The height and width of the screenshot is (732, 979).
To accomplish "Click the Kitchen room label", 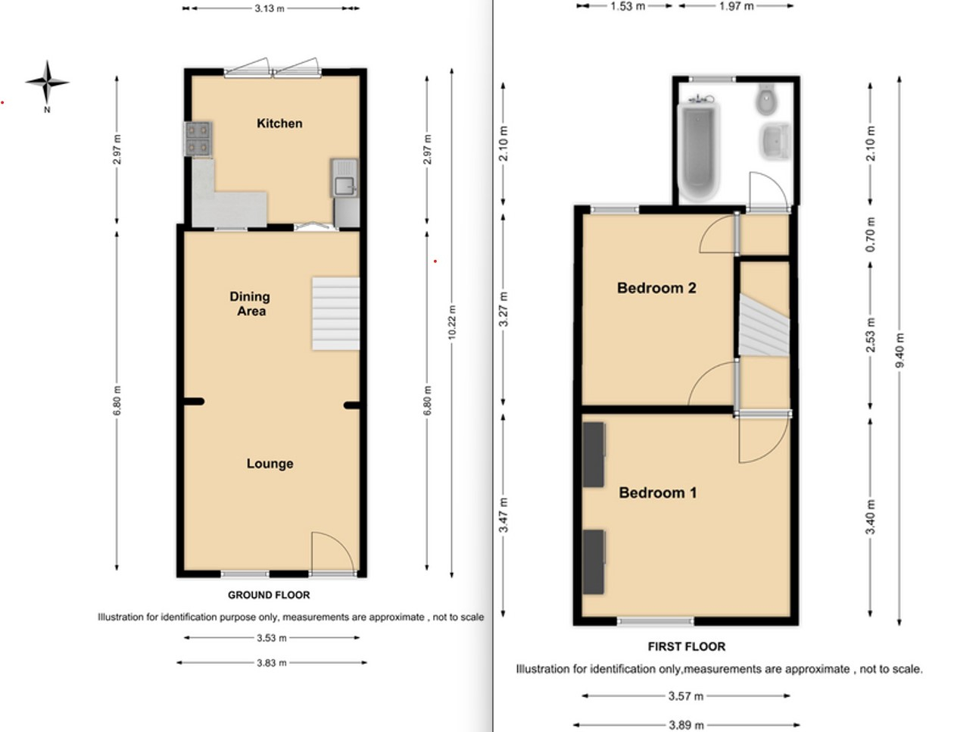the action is [x=279, y=124].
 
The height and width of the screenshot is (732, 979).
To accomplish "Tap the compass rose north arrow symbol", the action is [x=47, y=83].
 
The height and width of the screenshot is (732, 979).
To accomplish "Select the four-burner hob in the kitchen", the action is [x=198, y=139].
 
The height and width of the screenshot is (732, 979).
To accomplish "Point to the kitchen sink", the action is [x=345, y=178].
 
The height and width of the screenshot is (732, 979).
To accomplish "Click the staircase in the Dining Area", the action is [x=336, y=313].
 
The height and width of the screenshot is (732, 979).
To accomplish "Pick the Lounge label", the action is [x=270, y=464].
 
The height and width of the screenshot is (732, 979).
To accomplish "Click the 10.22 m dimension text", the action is [x=452, y=322].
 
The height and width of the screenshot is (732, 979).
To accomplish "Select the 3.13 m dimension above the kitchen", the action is [x=270, y=8].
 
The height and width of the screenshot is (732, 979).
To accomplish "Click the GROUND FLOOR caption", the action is [x=269, y=595].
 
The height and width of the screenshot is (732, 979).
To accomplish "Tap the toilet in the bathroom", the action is [x=767, y=99].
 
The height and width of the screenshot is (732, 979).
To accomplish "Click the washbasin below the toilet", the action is [x=775, y=142].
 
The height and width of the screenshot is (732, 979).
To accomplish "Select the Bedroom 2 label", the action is [x=656, y=288].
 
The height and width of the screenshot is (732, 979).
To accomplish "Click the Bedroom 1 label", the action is [x=657, y=493].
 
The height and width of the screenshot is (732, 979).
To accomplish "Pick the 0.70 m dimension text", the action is [x=870, y=234].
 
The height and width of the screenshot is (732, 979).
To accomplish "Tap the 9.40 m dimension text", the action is [x=899, y=351].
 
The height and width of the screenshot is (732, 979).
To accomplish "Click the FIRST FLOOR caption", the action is [x=687, y=646].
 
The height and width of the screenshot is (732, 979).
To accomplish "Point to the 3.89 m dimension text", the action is [x=686, y=725].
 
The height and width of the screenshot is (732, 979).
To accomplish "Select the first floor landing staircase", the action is [x=764, y=325].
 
